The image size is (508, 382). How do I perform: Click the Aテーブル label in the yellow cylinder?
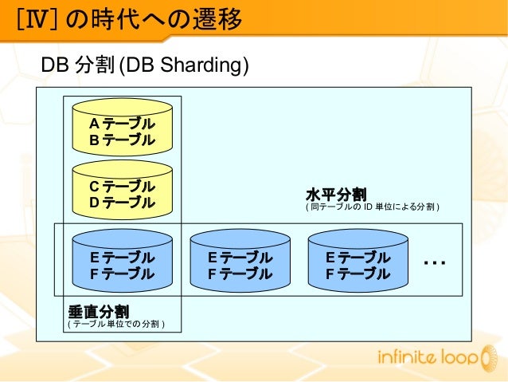[x=121, y=124]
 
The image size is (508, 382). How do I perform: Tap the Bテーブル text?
[x=121, y=140]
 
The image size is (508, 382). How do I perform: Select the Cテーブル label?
[x=121, y=186]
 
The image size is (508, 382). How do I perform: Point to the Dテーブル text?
[x=121, y=203]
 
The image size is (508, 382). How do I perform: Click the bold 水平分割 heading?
[x=335, y=195]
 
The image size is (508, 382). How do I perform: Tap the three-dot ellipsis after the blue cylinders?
[x=435, y=262]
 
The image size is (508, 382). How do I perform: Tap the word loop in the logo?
[x=455, y=358]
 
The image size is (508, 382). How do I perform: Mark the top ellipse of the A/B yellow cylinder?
[x=121, y=105]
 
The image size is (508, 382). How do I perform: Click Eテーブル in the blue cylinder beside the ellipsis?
[x=358, y=258]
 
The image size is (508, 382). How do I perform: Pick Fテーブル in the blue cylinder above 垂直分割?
[x=121, y=274]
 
